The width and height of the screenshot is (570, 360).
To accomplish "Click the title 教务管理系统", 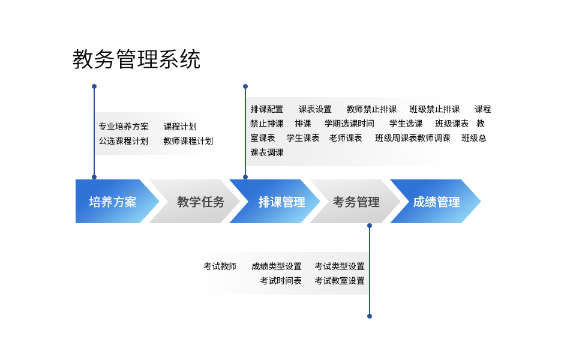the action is tap(136, 59).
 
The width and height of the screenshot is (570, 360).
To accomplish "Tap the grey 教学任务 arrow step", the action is tap(196, 202).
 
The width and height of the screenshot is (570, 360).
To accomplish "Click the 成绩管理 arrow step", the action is tap(436, 202).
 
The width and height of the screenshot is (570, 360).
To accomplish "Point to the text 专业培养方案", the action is tap(124, 127).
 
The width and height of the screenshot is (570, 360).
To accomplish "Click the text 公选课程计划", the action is tap(124, 141).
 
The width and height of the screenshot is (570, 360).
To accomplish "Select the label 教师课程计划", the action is tap(188, 141).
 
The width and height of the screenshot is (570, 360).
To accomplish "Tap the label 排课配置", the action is tap(267, 109).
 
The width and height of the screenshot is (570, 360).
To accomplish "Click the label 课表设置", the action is tap(315, 109).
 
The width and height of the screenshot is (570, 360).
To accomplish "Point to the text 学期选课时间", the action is tap(349, 124).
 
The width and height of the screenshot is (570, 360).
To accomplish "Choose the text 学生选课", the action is tap(406, 124).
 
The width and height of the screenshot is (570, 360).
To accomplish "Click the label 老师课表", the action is tap(346, 138).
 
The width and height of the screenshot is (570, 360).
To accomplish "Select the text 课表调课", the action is tap(267, 153).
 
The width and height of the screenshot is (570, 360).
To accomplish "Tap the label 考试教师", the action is tap(220, 266).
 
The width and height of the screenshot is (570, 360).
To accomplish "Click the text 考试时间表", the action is tap(281, 281).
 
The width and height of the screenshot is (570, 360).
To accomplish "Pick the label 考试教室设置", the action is tap(340, 281).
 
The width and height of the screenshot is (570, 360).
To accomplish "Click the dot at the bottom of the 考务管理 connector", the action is tap(370, 316).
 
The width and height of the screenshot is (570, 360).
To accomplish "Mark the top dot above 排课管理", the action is tap(245, 86).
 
